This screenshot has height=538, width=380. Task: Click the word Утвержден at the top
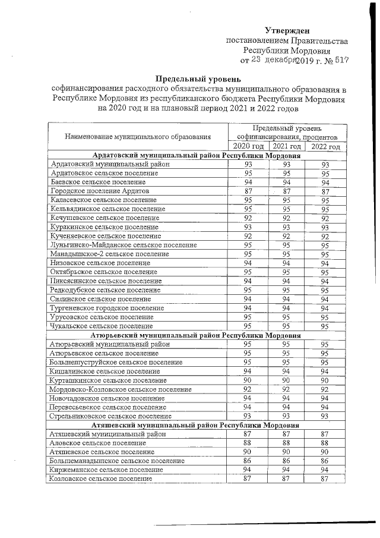[x=287, y=30]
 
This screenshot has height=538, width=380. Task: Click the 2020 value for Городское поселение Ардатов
[x=248, y=191]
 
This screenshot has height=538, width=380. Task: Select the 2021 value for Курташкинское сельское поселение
[x=286, y=380]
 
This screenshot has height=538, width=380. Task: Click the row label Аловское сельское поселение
[x=98, y=443]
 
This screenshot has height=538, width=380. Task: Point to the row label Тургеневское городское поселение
[x=107, y=308]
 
